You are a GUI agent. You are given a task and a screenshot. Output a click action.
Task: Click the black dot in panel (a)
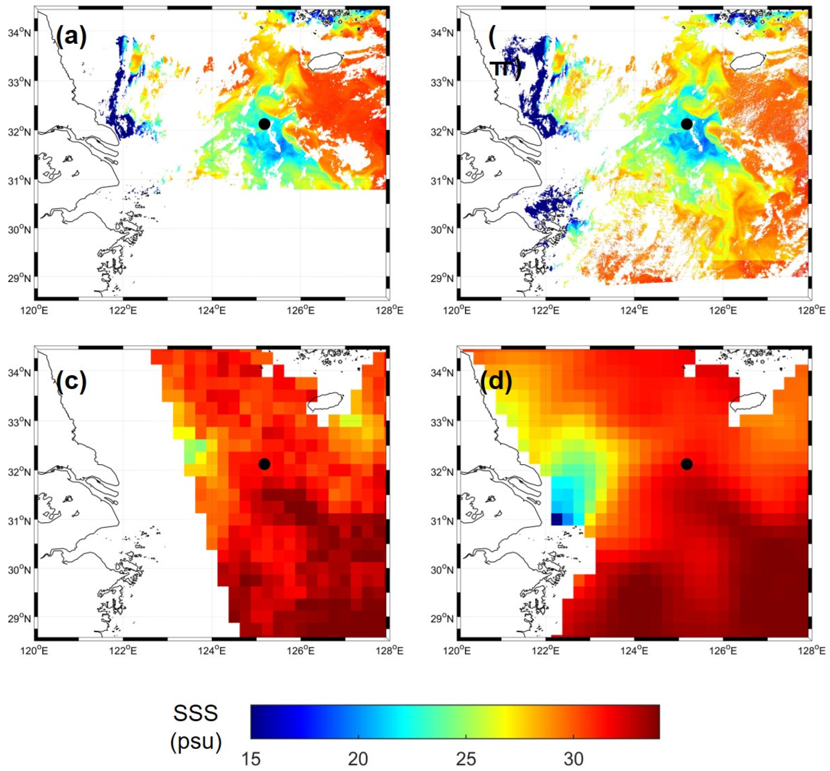click(x=264, y=124)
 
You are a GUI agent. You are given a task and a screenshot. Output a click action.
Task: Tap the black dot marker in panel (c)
click(x=264, y=464)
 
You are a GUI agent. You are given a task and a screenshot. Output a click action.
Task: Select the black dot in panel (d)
click(x=686, y=464)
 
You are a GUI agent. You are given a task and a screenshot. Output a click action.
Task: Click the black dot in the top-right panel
click(x=686, y=124)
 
